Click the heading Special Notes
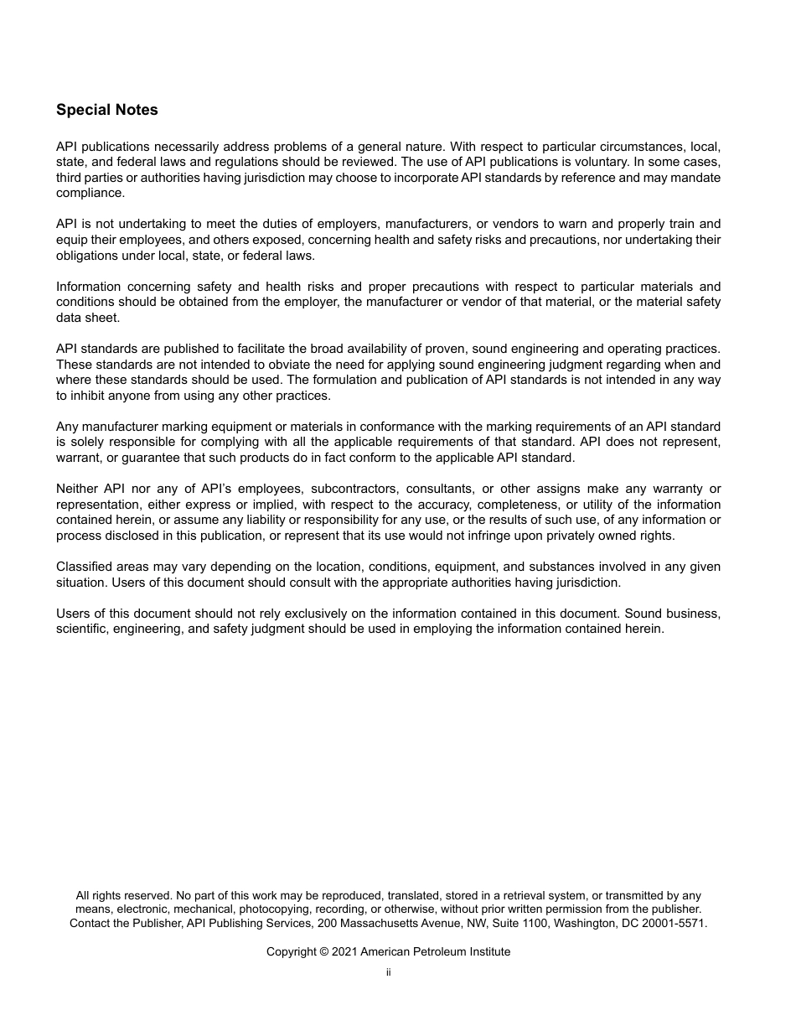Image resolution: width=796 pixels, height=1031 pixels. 106,110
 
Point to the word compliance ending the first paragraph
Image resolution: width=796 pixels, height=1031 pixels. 90,193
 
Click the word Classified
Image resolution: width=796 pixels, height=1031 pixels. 85,567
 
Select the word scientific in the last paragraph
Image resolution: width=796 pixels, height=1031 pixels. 85,629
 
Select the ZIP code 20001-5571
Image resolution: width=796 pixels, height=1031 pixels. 676,923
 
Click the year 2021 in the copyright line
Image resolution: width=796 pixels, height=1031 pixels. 344,952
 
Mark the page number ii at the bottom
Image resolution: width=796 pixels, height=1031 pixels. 389,972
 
